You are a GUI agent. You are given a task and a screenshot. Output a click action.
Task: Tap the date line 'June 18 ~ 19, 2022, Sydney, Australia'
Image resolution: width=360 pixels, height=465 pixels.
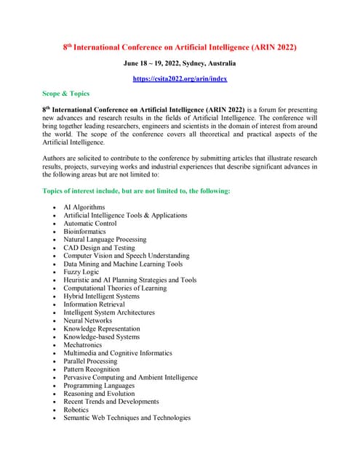pyautogui.click(x=180, y=63)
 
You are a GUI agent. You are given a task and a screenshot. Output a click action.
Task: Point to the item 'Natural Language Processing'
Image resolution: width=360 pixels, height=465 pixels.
pyautogui.click(x=105, y=239)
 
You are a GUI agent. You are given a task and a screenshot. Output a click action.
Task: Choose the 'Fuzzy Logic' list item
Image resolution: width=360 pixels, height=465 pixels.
pyautogui.click(x=82, y=272)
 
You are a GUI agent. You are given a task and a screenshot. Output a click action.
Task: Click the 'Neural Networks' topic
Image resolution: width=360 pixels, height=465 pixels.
pyautogui.click(x=88, y=320)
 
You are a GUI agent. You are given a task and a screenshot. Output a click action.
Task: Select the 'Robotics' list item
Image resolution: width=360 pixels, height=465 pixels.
pyautogui.click(x=77, y=409)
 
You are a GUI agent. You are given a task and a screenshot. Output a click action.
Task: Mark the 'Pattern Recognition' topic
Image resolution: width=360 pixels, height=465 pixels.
pyautogui.click(x=91, y=369)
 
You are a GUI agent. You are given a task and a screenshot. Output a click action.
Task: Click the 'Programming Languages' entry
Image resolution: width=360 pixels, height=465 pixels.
pyautogui.click(x=97, y=385)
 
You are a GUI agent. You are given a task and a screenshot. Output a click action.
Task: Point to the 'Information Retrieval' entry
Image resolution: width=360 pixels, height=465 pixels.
pyautogui.click(x=94, y=304)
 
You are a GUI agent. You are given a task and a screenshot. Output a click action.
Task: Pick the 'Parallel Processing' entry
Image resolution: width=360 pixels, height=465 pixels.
pyautogui.click(x=90, y=361)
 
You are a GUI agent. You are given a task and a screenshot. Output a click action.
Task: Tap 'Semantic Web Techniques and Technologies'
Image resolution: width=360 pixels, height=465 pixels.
pyautogui.click(x=127, y=418)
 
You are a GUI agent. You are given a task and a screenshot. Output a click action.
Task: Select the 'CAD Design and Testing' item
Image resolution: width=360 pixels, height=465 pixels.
pyautogui.click(x=100, y=248)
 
